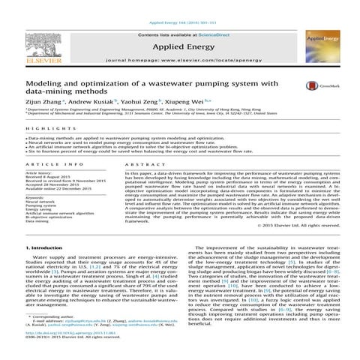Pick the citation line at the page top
179,4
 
